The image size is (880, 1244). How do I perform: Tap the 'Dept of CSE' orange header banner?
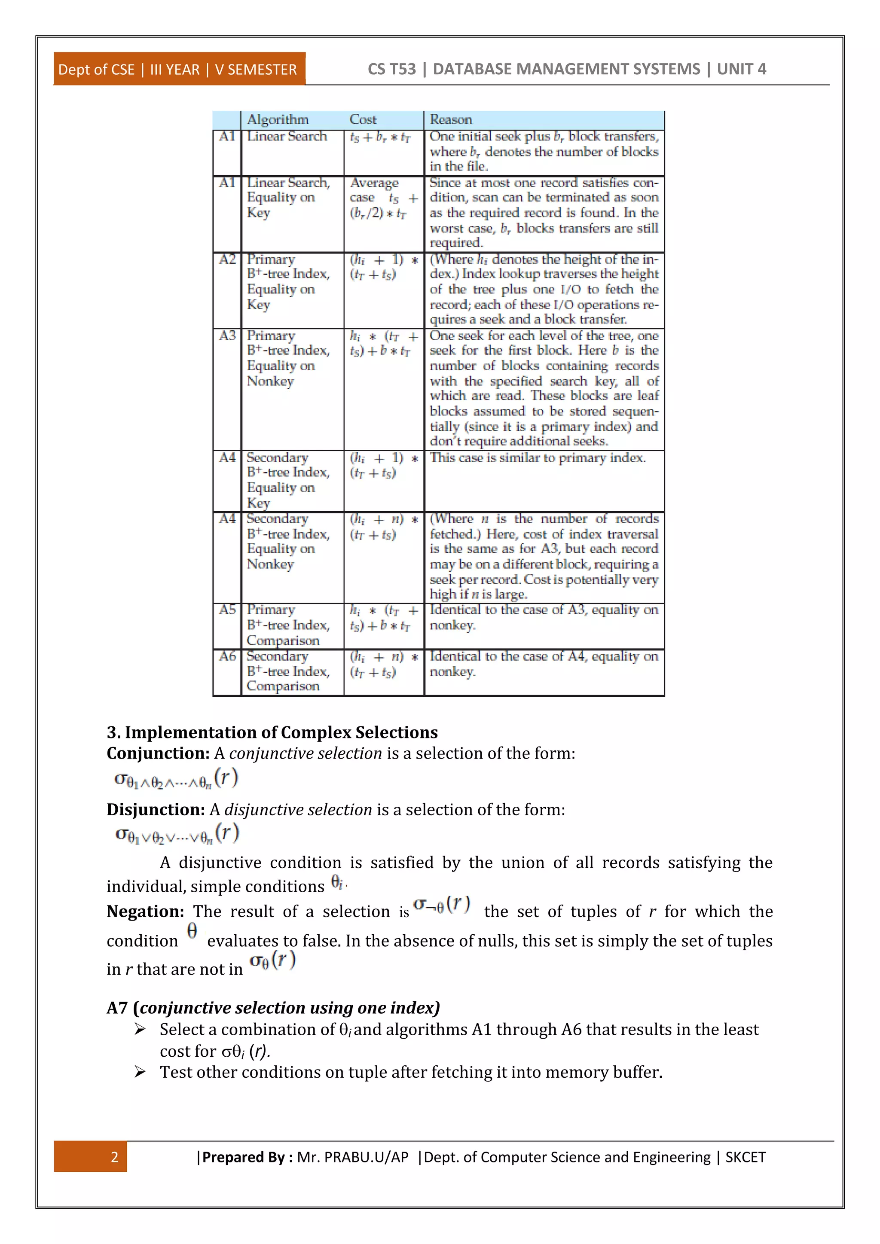click(179, 69)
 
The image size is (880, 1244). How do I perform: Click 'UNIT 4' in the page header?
click(741, 69)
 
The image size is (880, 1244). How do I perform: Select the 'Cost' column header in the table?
click(363, 119)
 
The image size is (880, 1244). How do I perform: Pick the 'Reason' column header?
click(451, 119)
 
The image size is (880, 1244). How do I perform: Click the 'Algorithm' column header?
click(278, 119)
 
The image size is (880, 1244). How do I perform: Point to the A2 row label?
click(227, 259)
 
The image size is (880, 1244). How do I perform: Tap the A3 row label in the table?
click(227, 335)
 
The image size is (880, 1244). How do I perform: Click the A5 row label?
click(227, 610)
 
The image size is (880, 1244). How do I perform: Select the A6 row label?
click(227, 656)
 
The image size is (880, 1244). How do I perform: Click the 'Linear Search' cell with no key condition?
click(287, 136)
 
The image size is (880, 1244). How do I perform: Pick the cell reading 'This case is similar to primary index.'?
click(538, 458)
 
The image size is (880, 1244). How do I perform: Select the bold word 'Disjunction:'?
click(156, 809)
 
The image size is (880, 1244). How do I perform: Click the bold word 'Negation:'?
click(145, 912)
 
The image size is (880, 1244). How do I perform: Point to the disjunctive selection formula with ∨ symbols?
click(177, 834)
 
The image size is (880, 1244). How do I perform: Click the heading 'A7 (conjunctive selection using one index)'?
click(273, 1007)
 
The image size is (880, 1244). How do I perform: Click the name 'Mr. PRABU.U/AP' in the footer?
click(352, 1157)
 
